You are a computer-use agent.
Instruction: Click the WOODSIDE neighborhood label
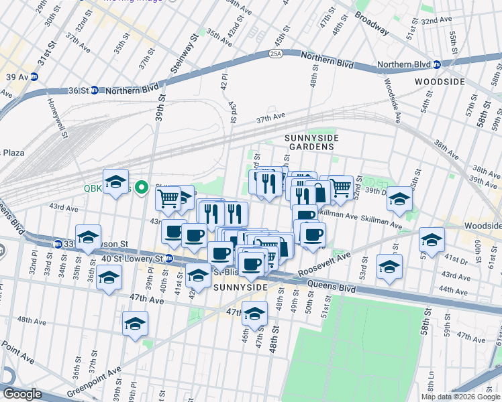[440, 81]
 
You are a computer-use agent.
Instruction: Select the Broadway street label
[371, 23]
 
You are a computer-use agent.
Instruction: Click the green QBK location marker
[141, 188]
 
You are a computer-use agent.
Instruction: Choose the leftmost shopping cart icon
[168, 198]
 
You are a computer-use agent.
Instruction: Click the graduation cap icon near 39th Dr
[399, 198]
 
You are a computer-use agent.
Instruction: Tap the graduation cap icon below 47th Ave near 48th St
[254, 313]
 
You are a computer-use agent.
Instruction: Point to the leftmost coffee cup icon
[174, 232]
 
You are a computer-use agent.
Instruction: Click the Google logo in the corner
[21, 393]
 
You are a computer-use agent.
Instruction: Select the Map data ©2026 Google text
[460, 397]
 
